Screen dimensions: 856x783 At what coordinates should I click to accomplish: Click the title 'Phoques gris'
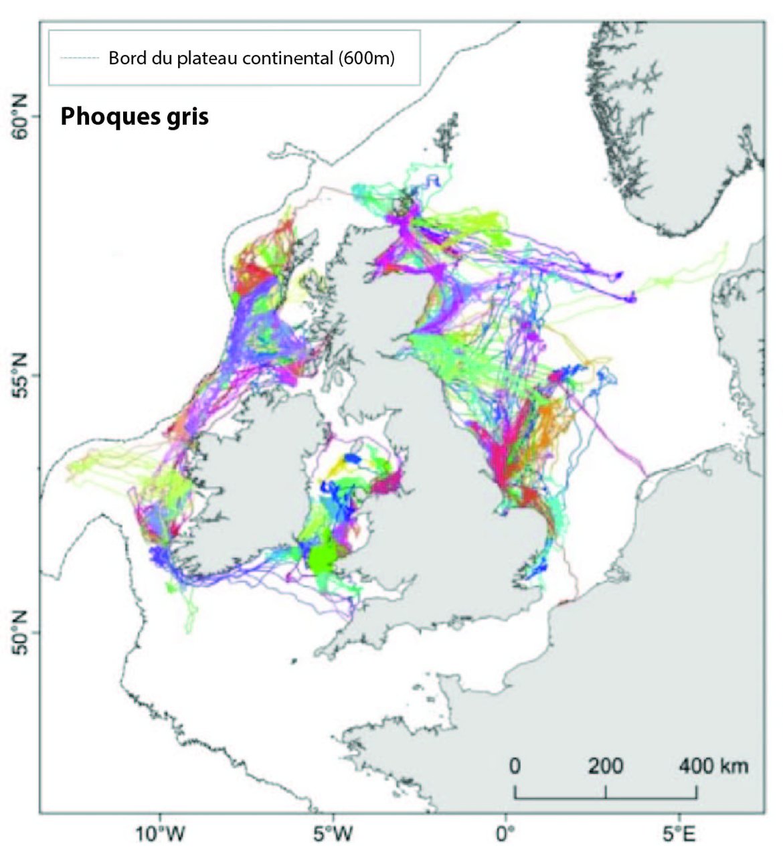pos(135,116)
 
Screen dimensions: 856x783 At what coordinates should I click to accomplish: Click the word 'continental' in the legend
pos(288,58)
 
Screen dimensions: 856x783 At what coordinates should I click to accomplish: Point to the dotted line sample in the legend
pos(79,58)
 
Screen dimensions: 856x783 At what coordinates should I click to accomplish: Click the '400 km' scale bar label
pos(713,766)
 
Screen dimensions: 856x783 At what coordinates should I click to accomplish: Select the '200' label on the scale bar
pos(606,766)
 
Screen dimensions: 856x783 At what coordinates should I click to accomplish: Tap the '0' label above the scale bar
pos(514,766)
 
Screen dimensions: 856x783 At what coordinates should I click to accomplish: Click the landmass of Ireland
pos(254,482)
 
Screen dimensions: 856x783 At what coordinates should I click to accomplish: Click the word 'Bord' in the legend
pos(123,58)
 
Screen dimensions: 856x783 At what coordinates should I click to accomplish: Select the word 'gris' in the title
pos(188,116)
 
